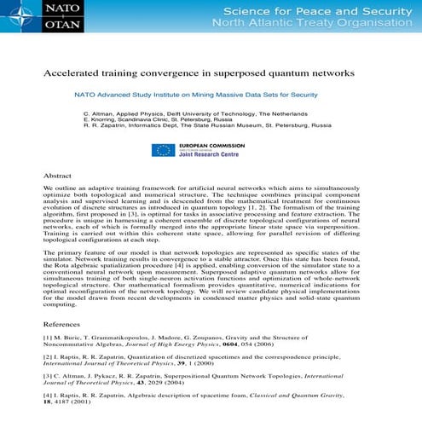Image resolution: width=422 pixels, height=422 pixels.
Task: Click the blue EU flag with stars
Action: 163,150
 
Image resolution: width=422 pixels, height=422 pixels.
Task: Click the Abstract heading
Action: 57,175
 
